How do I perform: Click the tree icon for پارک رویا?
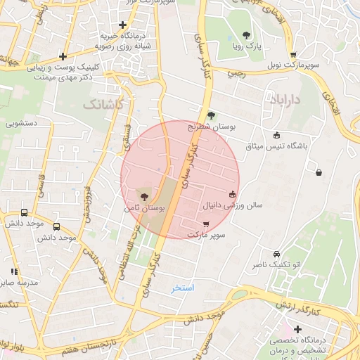click(x=245, y=35)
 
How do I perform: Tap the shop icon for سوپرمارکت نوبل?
click(x=292, y=55)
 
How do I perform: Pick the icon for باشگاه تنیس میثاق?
click(x=276, y=136)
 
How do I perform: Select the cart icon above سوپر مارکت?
click(x=205, y=224)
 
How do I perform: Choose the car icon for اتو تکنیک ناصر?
click(x=276, y=254)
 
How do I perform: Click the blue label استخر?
click(x=183, y=288)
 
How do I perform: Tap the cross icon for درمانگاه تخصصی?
click(x=298, y=329)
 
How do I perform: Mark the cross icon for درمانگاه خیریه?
click(x=122, y=25)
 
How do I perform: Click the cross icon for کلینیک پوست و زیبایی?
click(x=63, y=56)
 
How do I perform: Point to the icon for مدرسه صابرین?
click(x=14, y=271)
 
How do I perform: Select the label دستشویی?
click(x=22, y=122)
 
